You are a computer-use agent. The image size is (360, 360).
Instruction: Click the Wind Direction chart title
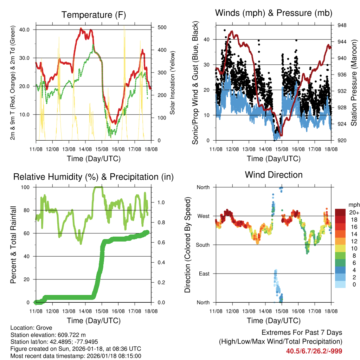(x=274, y=175)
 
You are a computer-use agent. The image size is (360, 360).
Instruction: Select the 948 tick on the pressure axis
(x=342, y=25)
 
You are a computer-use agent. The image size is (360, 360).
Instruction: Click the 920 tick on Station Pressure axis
(x=342, y=141)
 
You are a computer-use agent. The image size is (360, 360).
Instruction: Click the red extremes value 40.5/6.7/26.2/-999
(x=314, y=351)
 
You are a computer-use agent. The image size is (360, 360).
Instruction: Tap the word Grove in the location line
(x=42, y=328)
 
